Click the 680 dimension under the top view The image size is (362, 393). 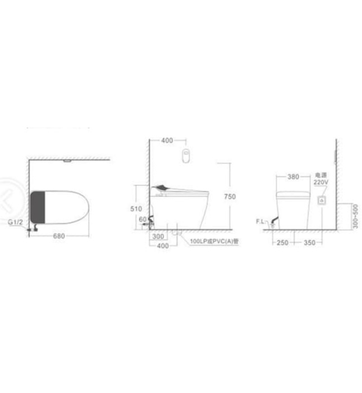tap(59, 236)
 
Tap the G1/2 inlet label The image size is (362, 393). tap(16, 223)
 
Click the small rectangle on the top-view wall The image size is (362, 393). tap(68, 161)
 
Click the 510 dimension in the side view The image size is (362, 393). tap(136, 208)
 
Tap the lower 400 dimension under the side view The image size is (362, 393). tap(162, 245)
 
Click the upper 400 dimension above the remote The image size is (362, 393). tap(167, 140)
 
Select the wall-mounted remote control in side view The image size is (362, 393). tap(187, 155)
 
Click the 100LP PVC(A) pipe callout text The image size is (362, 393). tap(214, 241)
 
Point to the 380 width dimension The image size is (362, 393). tap(292, 176)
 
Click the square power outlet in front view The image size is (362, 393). tap(322, 200)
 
